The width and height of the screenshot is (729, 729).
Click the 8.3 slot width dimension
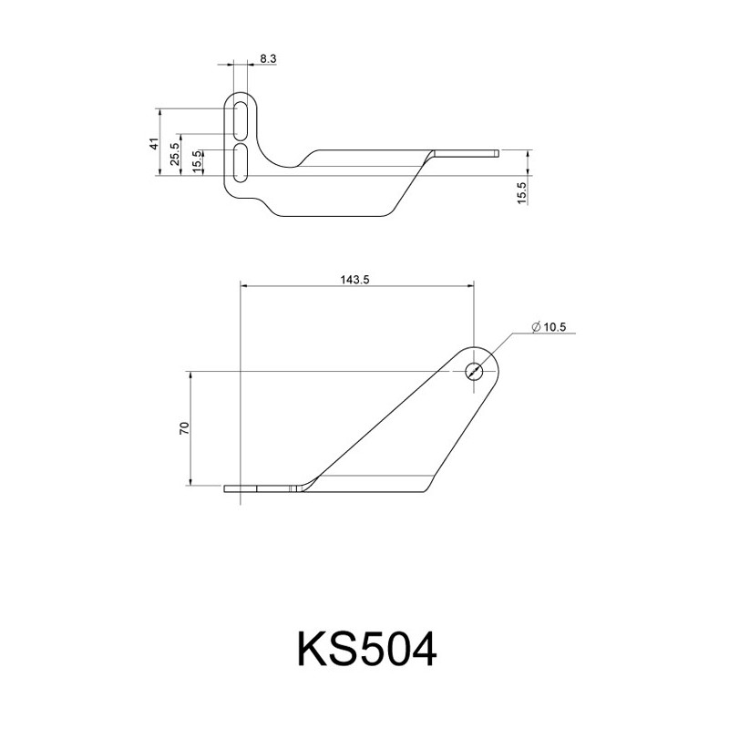click(x=268, y=59)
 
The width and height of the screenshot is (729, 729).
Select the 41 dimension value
click(x=154, y=143)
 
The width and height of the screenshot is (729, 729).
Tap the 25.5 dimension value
click(x=175, y=154)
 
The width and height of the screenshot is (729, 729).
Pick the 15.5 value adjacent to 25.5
click(x=197, y=162)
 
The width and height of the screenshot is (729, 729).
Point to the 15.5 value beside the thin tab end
click(x=521, y=193)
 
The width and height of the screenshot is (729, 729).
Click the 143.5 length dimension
click(x=354, y=280)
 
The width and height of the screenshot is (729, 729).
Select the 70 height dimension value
click(x=185, y=428)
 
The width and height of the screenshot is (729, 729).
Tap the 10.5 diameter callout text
click(x=555, y=327)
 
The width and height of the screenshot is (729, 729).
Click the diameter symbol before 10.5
click(x=536, y=327)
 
